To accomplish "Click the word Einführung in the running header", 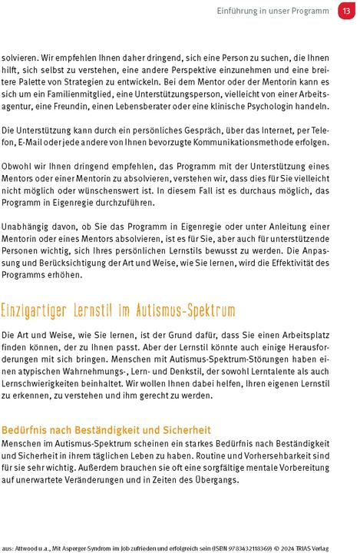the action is [240, 12].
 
